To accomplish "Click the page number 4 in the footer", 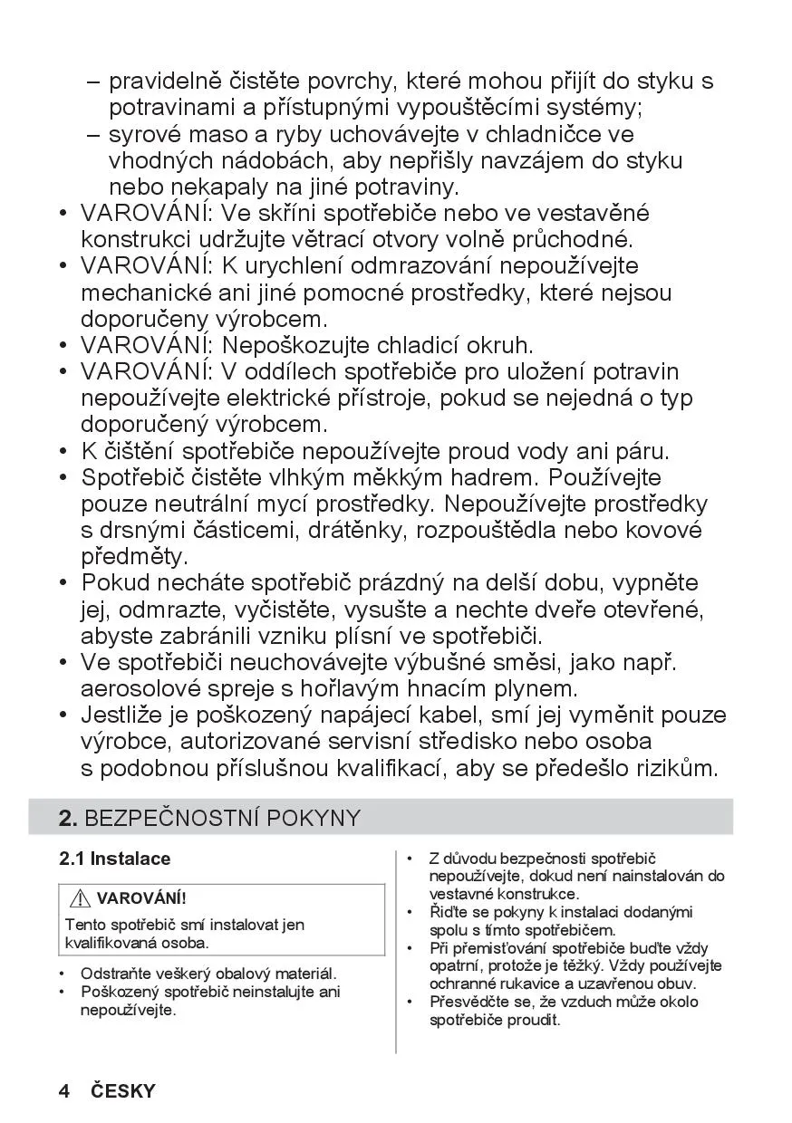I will pyautogui.click(x=64, y=1090).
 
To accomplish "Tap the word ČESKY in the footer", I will pyautogui.click(x=123, y=1090).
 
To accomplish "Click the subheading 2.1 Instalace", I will pyautogui.click(x=114, y=859).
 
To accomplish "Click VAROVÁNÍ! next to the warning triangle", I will pyautogui.click(x=140, y=899).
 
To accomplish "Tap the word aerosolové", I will pyautogui.click(x=149, y=689).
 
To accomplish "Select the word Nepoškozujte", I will pyautogui.click(x=298, y=346).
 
